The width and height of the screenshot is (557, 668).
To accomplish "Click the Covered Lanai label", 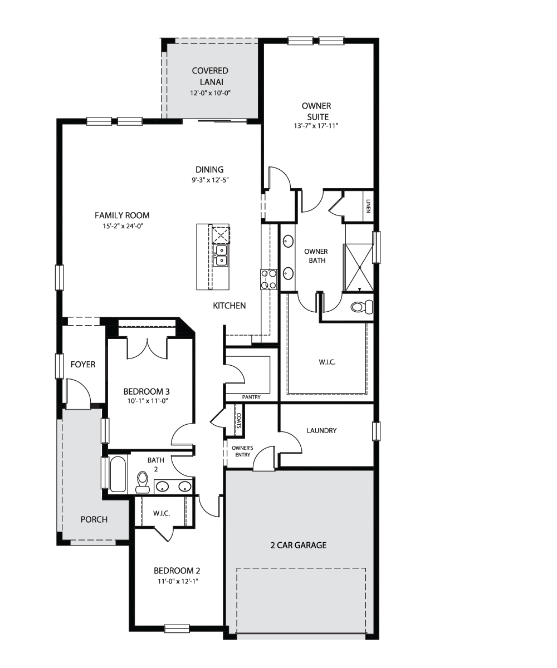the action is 210,76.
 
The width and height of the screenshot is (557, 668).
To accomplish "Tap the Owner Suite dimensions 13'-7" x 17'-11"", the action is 316,126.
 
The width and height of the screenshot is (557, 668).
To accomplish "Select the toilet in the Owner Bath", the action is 361,307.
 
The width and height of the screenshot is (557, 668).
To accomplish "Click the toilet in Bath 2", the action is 143,483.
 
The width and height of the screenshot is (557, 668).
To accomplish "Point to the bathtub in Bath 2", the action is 118,474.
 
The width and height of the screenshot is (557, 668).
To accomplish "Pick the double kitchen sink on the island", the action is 221,256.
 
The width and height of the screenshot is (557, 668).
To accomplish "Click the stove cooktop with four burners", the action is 268,279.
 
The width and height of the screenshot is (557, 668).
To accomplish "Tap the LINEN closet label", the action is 368,207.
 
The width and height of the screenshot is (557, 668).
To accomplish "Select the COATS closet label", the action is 238,420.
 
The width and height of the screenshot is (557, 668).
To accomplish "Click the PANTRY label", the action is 251,397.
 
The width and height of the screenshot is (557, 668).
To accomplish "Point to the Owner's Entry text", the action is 242,451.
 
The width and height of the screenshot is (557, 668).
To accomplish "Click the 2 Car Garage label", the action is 299,545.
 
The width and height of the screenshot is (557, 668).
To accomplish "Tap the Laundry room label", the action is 321,431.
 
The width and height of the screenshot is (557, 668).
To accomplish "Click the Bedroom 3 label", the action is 146,391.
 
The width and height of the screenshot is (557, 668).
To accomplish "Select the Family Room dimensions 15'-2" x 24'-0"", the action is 123,226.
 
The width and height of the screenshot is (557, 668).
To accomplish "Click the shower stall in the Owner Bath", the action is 359,267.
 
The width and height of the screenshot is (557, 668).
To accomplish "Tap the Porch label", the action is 94,519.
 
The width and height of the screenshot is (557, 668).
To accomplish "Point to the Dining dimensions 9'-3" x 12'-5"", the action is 210,180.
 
